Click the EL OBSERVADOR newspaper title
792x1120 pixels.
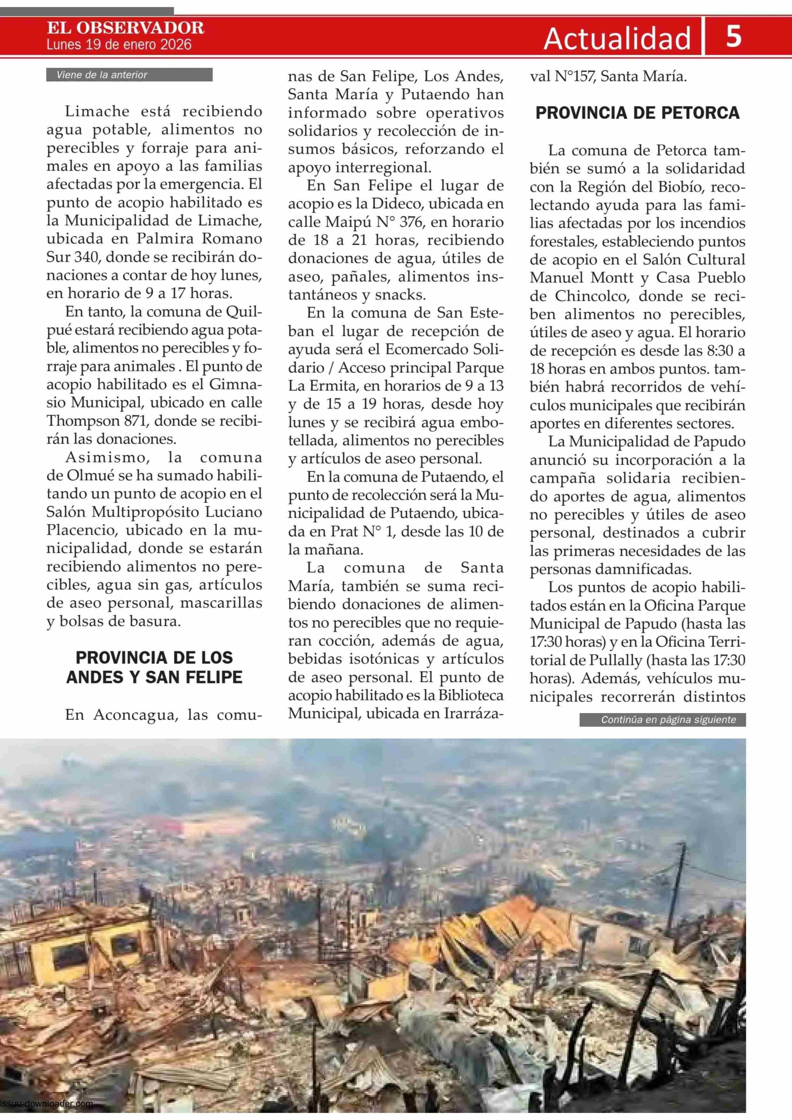click(126, 28)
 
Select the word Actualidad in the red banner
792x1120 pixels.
click(617, 39)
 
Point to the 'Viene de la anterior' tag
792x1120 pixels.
click(102, 75)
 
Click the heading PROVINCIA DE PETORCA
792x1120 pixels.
click(637, 113)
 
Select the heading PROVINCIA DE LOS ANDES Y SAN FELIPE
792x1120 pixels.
click(154, 667)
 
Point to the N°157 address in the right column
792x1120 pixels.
click(571, 77)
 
